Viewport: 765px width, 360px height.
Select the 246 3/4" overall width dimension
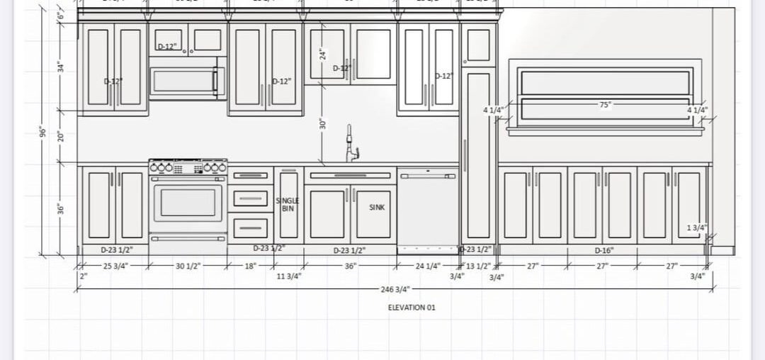(x=396, y=290)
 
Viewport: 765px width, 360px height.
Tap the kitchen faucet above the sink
(x=351, y=145)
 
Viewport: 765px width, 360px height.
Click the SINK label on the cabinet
(x=377, y=208)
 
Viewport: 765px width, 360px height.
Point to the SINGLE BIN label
(x=287, y=205)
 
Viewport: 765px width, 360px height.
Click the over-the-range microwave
(x=187, y=80)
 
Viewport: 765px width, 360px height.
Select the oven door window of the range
(x=188, y=202)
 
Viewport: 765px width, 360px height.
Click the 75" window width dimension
(x=605, y=104)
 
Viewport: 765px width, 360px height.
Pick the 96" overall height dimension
(x=42, y=132)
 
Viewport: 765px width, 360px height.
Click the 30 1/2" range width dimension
(x=188, y=266)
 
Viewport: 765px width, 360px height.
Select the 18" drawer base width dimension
(x=250, y=266)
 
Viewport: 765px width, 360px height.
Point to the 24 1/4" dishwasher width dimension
(x=428, y=266)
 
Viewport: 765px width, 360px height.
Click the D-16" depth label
(x=603, y=249)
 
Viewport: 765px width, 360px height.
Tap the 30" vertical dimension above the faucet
(x=322, y=123)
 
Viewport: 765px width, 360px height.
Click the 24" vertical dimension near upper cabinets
(x=322, y=54)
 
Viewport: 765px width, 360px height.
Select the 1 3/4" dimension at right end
(x=697, y=227)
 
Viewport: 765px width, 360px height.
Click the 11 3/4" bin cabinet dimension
(x=289, y=276)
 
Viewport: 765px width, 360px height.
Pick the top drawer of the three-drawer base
(x=250, y=176)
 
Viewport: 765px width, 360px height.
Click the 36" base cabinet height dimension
(x=60, y=209)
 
